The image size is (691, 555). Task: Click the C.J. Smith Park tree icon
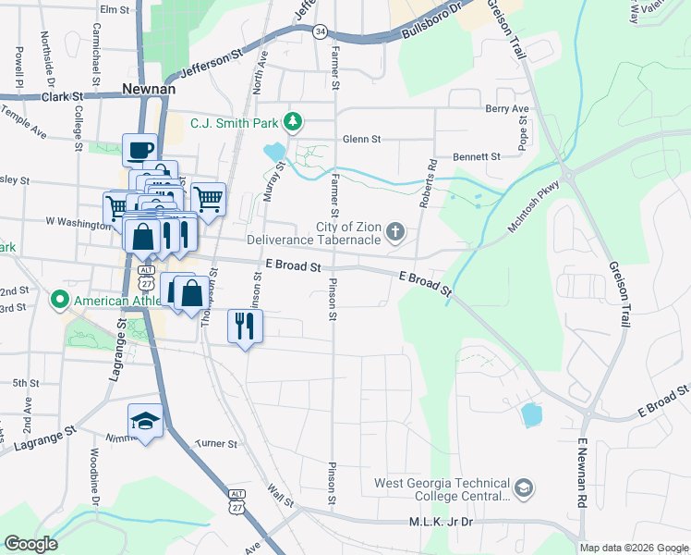293,121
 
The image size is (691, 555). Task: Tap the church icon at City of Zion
395,231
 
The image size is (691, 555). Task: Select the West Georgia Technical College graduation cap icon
524,487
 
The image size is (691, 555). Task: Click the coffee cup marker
139,150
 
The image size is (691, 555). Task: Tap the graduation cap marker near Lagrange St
145,421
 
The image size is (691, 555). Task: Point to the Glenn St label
361,139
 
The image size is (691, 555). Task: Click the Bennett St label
476,157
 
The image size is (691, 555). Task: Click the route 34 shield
320,31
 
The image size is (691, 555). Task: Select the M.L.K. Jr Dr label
441,523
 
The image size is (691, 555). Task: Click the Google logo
31,544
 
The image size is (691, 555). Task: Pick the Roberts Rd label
430,179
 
